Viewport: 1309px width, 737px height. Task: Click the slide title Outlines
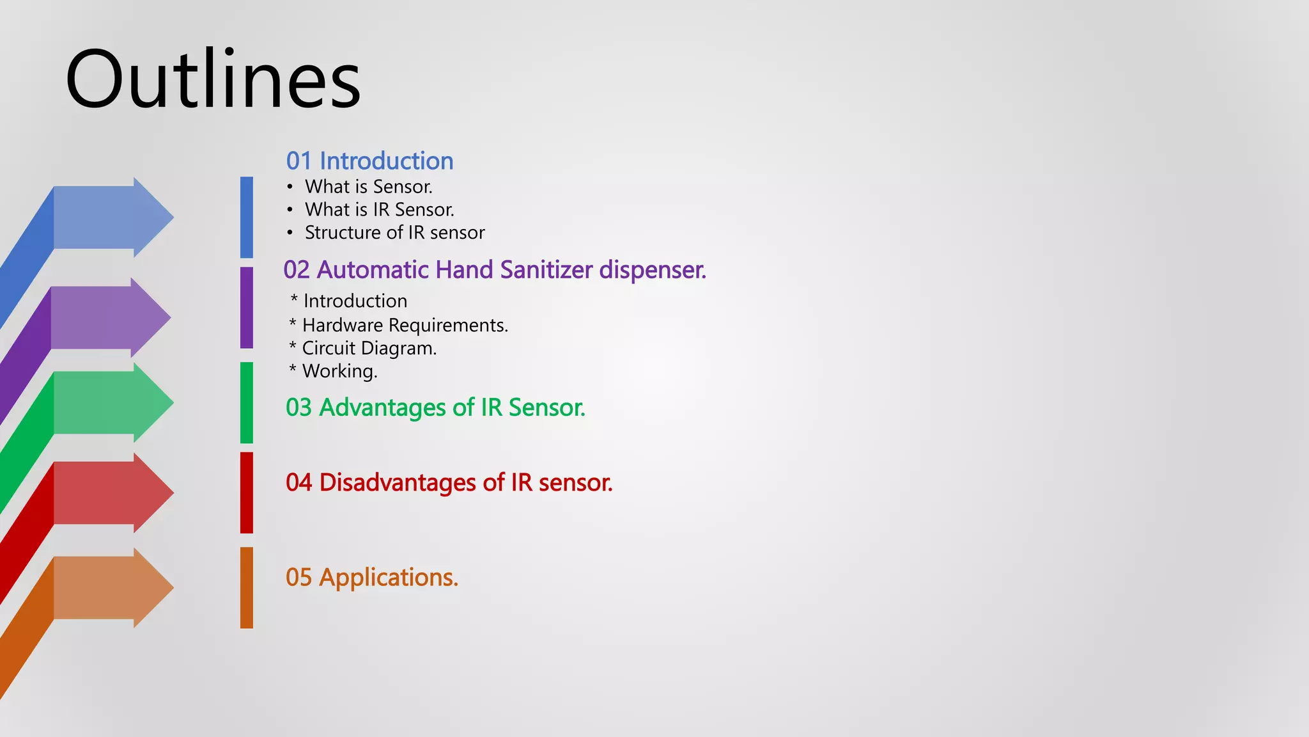(x=213, y=80)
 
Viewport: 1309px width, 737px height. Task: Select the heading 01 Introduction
(x=369, y=161)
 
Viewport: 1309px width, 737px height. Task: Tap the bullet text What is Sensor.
(x=368, y=187)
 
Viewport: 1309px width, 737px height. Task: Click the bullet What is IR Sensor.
(x=379, y=210)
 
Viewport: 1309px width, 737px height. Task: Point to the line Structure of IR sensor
(x=394, y=233)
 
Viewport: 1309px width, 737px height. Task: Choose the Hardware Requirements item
(x=405, y=326)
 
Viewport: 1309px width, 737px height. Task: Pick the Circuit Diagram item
(x=369, y=349)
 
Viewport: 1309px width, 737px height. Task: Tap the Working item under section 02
(x=339, y=372)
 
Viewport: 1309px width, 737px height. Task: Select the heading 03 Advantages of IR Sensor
(x=435, y=408)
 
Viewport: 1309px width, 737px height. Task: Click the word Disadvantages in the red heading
(x=398, y=483)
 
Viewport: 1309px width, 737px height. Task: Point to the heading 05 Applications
(x=371, y=578)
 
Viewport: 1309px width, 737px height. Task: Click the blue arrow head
(x=152, y=218)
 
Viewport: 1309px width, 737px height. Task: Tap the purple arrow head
(x=150, y=317)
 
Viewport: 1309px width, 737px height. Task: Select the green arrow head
(x=152, y=402)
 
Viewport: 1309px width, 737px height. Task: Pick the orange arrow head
(x=152, y=588)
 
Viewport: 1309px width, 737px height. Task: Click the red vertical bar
(x=247, y=493)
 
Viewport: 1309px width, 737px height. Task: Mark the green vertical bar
(x=247, y=402)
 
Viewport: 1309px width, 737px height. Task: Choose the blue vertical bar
(x=247, y=218)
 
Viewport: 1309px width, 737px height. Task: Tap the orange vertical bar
(x=247, y=588)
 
